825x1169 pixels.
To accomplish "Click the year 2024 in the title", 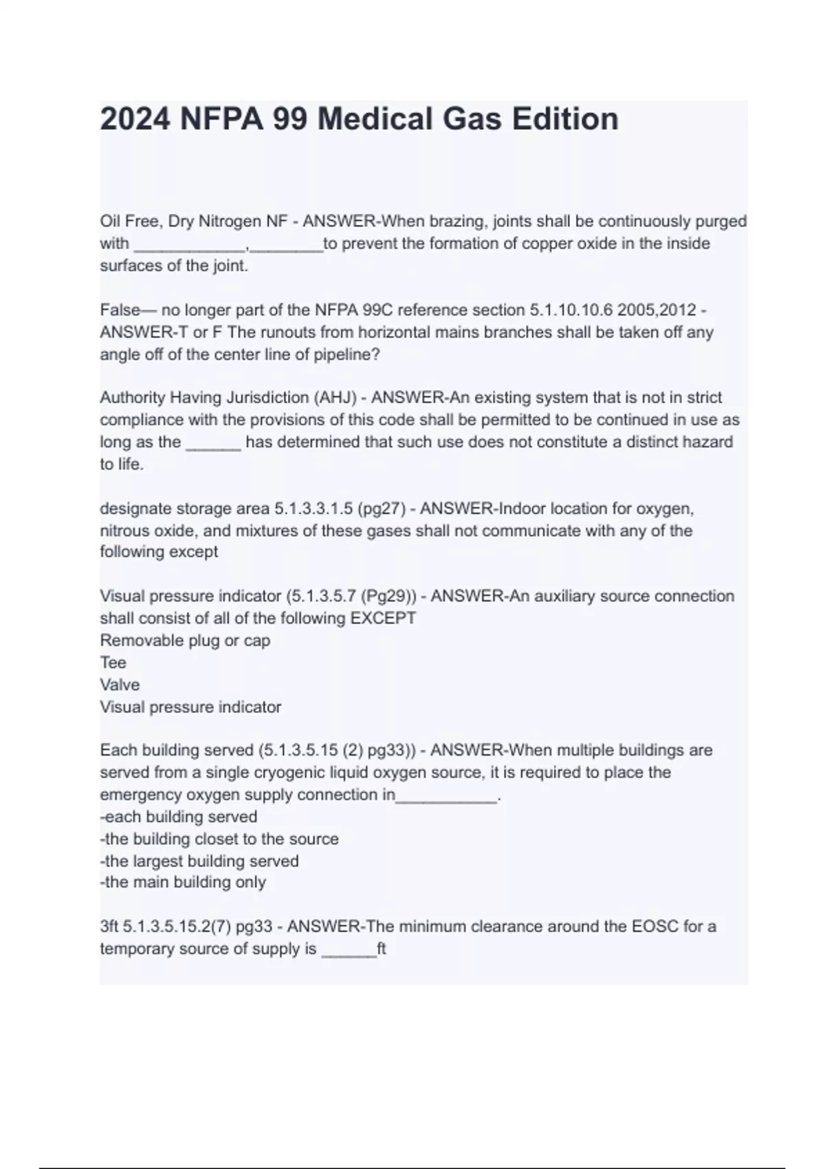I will click(x=135, y=119).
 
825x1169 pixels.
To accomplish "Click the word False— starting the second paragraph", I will click(x=129, y=310).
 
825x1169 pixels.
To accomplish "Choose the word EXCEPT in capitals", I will click(x=384, y=618).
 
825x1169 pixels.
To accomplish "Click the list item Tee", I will click(x=113, y=662).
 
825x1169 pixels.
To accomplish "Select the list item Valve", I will click(x=120, y=685).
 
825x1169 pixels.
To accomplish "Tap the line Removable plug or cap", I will click(x=185, y=640).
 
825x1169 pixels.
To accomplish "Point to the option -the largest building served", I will click(x=199, y=861).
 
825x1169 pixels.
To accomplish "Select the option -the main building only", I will click(x=183, y=882).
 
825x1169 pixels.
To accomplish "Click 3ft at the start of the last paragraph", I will click(x=109, y=927).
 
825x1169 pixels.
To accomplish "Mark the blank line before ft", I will click(x=349, y=952).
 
